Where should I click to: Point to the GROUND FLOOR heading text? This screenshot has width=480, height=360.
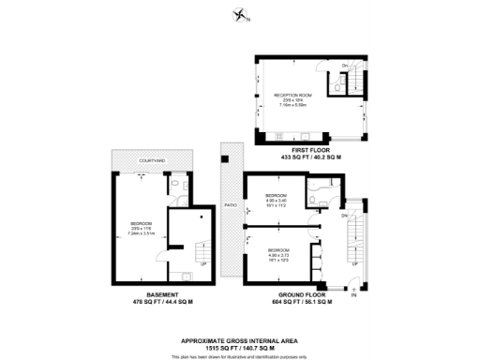302,294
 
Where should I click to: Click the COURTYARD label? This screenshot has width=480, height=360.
152,161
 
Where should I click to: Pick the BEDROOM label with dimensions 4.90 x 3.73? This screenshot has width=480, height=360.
278,249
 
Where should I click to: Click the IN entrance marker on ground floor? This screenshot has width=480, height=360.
353,295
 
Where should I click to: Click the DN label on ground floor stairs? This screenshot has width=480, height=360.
344,215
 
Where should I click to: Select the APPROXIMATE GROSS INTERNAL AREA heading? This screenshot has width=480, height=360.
240,339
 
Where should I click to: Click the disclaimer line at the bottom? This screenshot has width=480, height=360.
240,356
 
